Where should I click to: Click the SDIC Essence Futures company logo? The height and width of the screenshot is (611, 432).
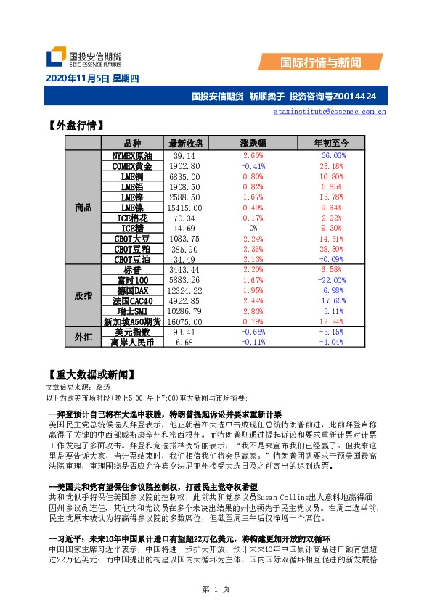82,57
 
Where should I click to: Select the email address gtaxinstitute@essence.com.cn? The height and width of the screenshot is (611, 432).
330,112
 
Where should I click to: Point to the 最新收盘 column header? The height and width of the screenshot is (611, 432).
186,143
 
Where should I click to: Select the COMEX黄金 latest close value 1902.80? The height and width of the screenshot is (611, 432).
185,166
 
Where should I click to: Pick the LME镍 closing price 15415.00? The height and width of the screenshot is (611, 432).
185,208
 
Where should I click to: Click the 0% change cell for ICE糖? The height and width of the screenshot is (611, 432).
253,229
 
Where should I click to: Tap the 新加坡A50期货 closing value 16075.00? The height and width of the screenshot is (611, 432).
185,321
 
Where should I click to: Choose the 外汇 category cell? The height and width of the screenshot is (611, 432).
83,337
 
